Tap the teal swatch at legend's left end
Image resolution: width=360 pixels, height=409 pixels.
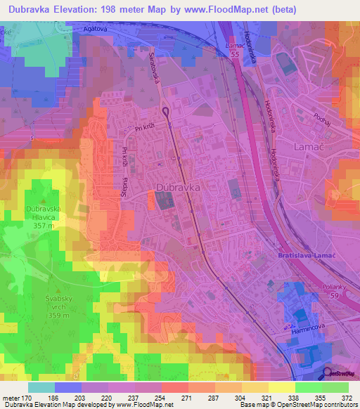click(41, 387)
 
